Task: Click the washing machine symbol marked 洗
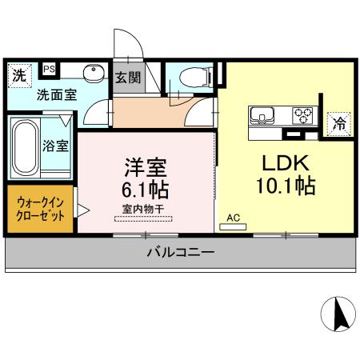click(18, 75)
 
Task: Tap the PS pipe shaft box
click(50, 70)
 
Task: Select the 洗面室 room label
click(56, 94)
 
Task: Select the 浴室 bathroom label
click(55, 146)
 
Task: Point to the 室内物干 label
click(143, 209)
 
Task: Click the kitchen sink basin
click(263, 115)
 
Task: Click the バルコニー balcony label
click(179, 254)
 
